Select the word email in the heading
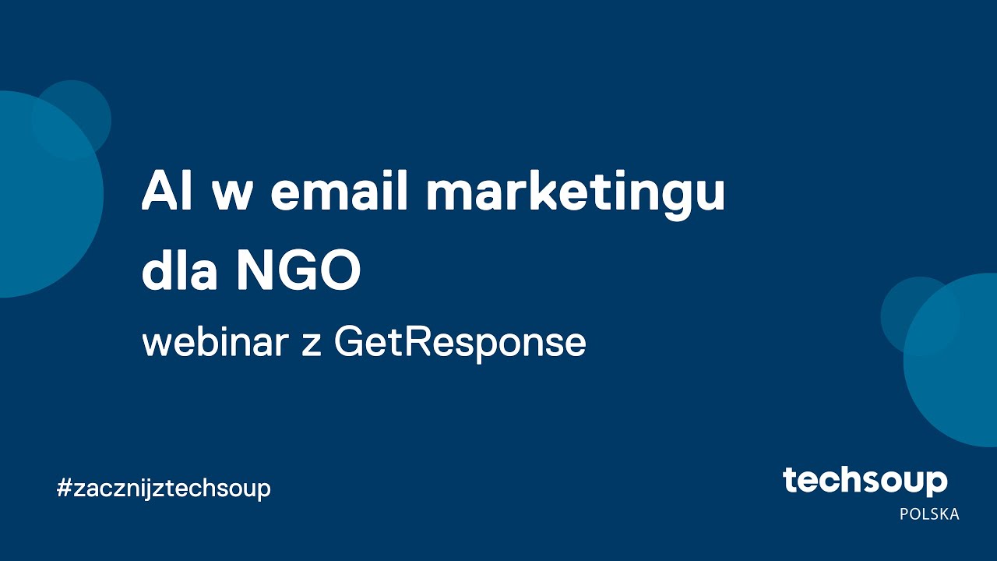tap(339, 192)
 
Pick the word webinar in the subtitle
tap(215, 342)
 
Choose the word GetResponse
tap(460, 344)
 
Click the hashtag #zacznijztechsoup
tap(164, 489)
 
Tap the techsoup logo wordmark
tap(865, 482)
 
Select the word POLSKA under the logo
tap(929, 514)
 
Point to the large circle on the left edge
tap(39, 203)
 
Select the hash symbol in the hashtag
tap(64, 489)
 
